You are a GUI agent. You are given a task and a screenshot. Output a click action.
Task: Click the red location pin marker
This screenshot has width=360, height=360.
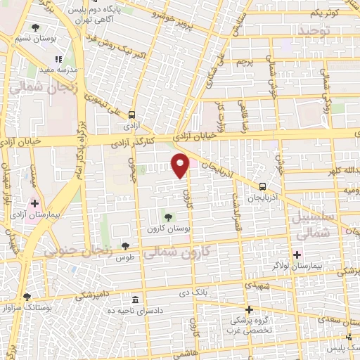pyautogui.click(x=181, y=165)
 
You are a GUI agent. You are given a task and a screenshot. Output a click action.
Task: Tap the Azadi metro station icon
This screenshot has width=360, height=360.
pyautogui.click(x=132, y=114)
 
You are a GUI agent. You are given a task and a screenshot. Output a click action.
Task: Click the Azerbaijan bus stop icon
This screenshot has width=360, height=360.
pyautogui.click(x=262, y=187)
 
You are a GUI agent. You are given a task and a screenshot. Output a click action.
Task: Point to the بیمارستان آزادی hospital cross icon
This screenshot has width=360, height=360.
pyautogui.click(x=34, y=203)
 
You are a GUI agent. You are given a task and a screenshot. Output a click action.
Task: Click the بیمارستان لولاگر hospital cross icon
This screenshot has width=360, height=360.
pyautogui.click(x=296, y=255)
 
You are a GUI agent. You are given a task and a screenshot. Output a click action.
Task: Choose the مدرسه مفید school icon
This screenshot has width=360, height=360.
pyautogui.click(x=58, y=60)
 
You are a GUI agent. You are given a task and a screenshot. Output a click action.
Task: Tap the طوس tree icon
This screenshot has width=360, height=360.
pyautogui.click(x=125, y=246)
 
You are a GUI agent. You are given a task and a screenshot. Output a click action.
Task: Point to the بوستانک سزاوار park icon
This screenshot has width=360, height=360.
pyautogui.click(x=27, y=297)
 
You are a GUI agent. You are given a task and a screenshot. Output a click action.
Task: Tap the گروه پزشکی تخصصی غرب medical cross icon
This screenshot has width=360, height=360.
pyautogui.click(x=247, y=309)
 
